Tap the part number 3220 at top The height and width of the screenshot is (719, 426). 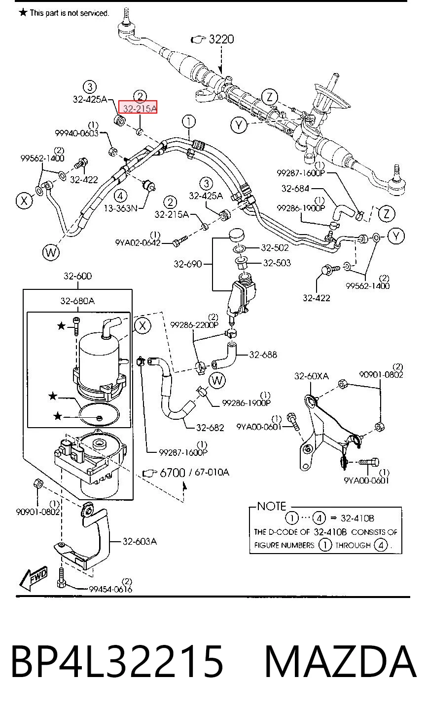(x=221, y=39)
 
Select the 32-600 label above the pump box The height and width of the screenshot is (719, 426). (x=77, y=276)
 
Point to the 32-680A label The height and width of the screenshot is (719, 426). (x=77, y=301)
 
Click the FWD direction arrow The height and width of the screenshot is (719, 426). (x=33, y=578)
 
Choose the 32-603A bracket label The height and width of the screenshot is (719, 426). (x=140, y=542)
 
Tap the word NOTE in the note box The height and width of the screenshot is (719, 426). (x=272, y=506)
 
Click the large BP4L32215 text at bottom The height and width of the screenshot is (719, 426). (x=117, y=661)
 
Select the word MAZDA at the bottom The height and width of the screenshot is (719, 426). (x=340, y=661)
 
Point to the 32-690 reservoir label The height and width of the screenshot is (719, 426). (x=188, y=264)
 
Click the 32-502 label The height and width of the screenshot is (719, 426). (x=275, y=247)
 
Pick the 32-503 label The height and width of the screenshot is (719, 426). (x=277, y=263)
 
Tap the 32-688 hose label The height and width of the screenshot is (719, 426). (x=263, y=355)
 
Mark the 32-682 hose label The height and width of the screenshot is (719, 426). (x=210, y=428)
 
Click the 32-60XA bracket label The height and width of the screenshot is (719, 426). (x=312, y=376)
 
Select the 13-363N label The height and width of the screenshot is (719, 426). (x=121, y=208)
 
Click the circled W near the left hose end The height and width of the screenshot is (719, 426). (x=51, y=253)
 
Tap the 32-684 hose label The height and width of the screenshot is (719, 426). (x=295, y=189)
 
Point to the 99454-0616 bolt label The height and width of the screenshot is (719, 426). (x=110, y=589)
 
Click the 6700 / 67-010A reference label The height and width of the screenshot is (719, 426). (x=194, y=473)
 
